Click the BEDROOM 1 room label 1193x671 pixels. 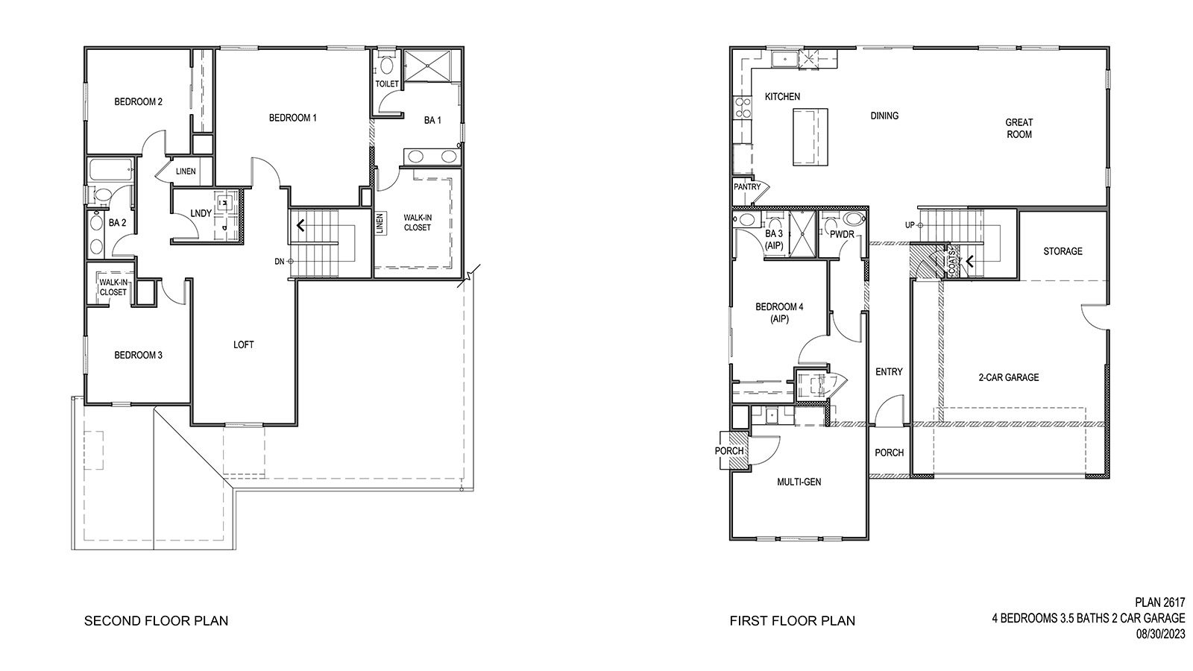click(293, 118)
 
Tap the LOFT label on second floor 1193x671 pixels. click(243, 344)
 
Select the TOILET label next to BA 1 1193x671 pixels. click(387, 84)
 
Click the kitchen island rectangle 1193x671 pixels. click(809, 136)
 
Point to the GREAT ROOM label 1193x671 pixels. click(1019, 128)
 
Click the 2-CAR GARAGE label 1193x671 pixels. click(1008, 378)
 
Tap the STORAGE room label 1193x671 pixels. click(1063, 251)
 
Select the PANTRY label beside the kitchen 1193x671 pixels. click(747, 187)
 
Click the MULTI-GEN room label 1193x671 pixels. click(799, 482)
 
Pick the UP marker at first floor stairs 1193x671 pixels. click(910, 225)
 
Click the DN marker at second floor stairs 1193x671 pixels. click(280, 261)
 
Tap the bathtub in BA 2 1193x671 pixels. click(110, 171)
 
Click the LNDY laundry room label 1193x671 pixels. click(201, 213)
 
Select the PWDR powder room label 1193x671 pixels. click(842, 234)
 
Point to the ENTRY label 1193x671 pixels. click(889, 372)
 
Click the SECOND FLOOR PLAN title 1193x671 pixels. click(156, 620)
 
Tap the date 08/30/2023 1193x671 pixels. click(1160, 634)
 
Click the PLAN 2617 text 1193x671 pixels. click(1159, 602)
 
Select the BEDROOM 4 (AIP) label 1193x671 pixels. click(779, 312)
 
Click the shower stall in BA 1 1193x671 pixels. click(432, 66)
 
